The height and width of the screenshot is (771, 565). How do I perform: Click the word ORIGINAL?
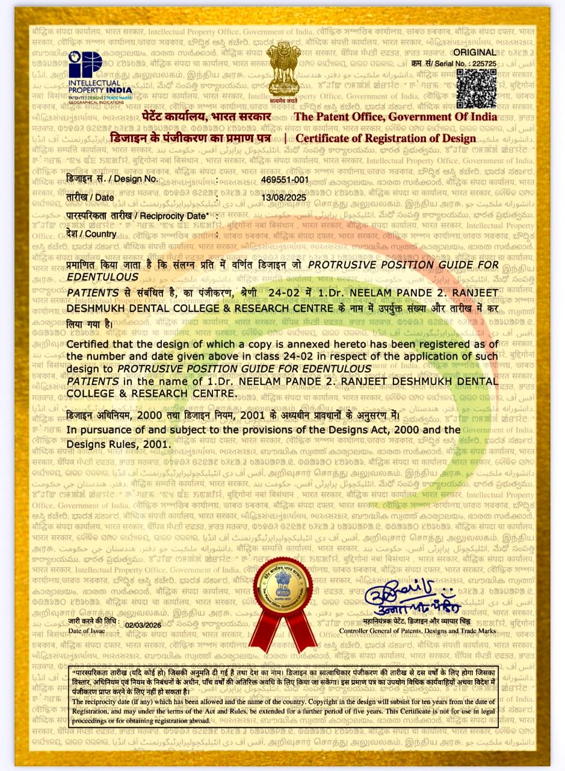pyautogui.click(x=479, y=53)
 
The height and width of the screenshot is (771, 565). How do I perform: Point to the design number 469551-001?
pyautogui.click(x=285, y=179)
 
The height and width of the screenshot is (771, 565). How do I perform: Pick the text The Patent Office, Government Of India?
pyautogui.click(x=395, y=117)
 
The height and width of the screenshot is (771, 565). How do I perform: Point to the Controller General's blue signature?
pyautogui.click(x=412, y=596)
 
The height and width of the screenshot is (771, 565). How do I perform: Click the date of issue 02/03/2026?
pyautogui.click(x=143, y=625)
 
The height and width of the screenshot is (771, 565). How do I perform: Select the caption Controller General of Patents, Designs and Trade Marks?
pyautogui.click(x=418, y=631)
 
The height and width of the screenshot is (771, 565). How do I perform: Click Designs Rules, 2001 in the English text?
pyautogui.click(x=102, y=444)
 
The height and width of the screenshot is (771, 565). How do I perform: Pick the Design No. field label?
pyautogui.click(x=112, y=179)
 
